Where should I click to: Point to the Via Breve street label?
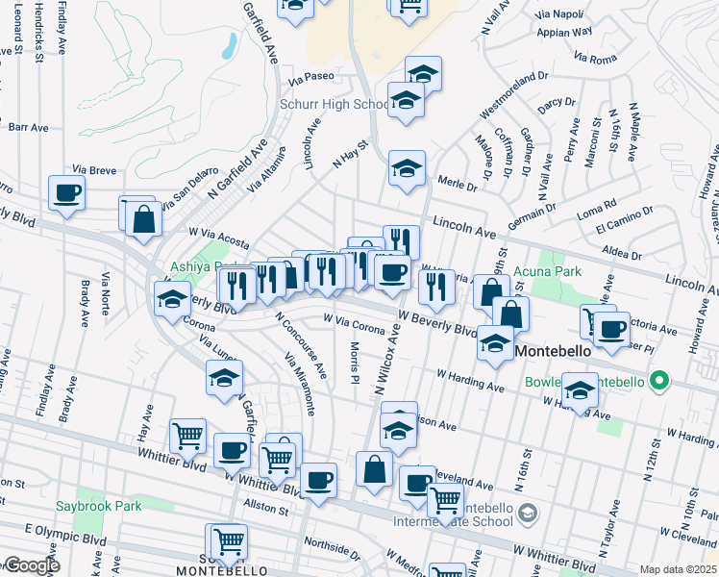(x=94, y=169)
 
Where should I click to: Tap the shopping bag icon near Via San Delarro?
(x=143, y=218)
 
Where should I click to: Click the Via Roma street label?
(x=594, y=59)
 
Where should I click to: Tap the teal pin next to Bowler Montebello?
(x=658, y=382)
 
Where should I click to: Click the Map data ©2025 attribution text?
(x=678, y=569)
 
